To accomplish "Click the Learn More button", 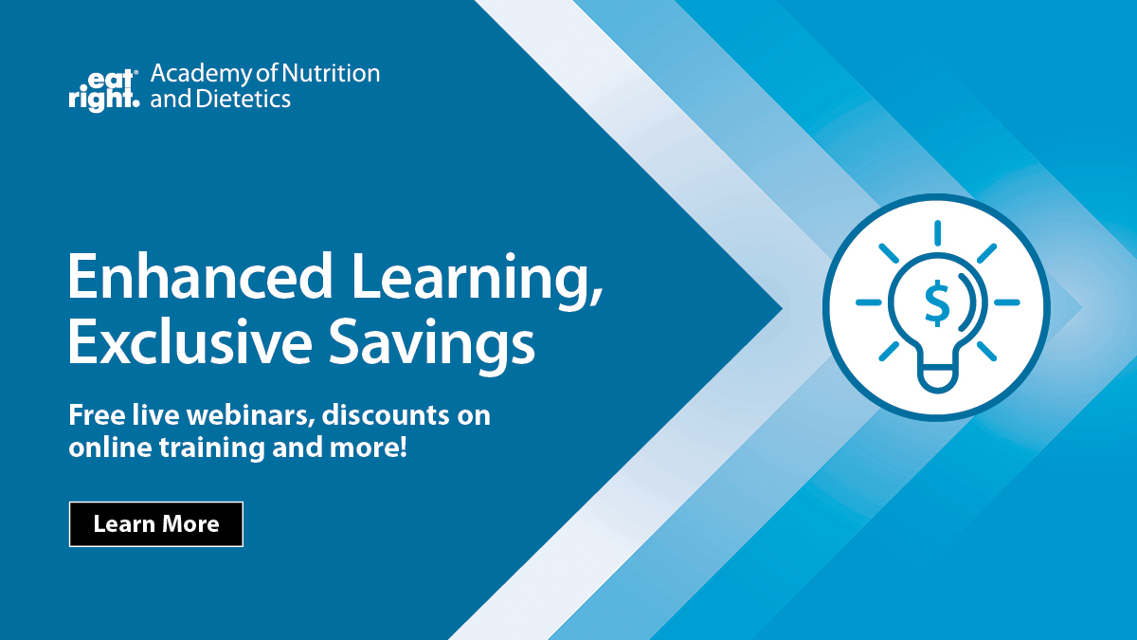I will coord(156,524).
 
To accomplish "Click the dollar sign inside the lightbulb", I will coord(936,302).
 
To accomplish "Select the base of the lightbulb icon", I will coord(937,376).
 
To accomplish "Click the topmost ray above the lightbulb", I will coord(937,233).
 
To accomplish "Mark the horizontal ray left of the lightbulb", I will coord(868,302).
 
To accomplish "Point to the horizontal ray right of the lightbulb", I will coord(1006,302).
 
